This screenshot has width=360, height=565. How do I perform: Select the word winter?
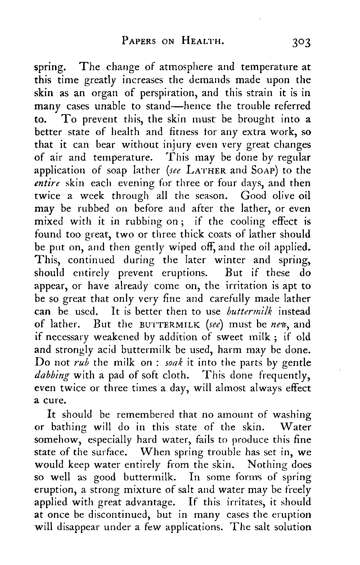(x=230, y=260)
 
